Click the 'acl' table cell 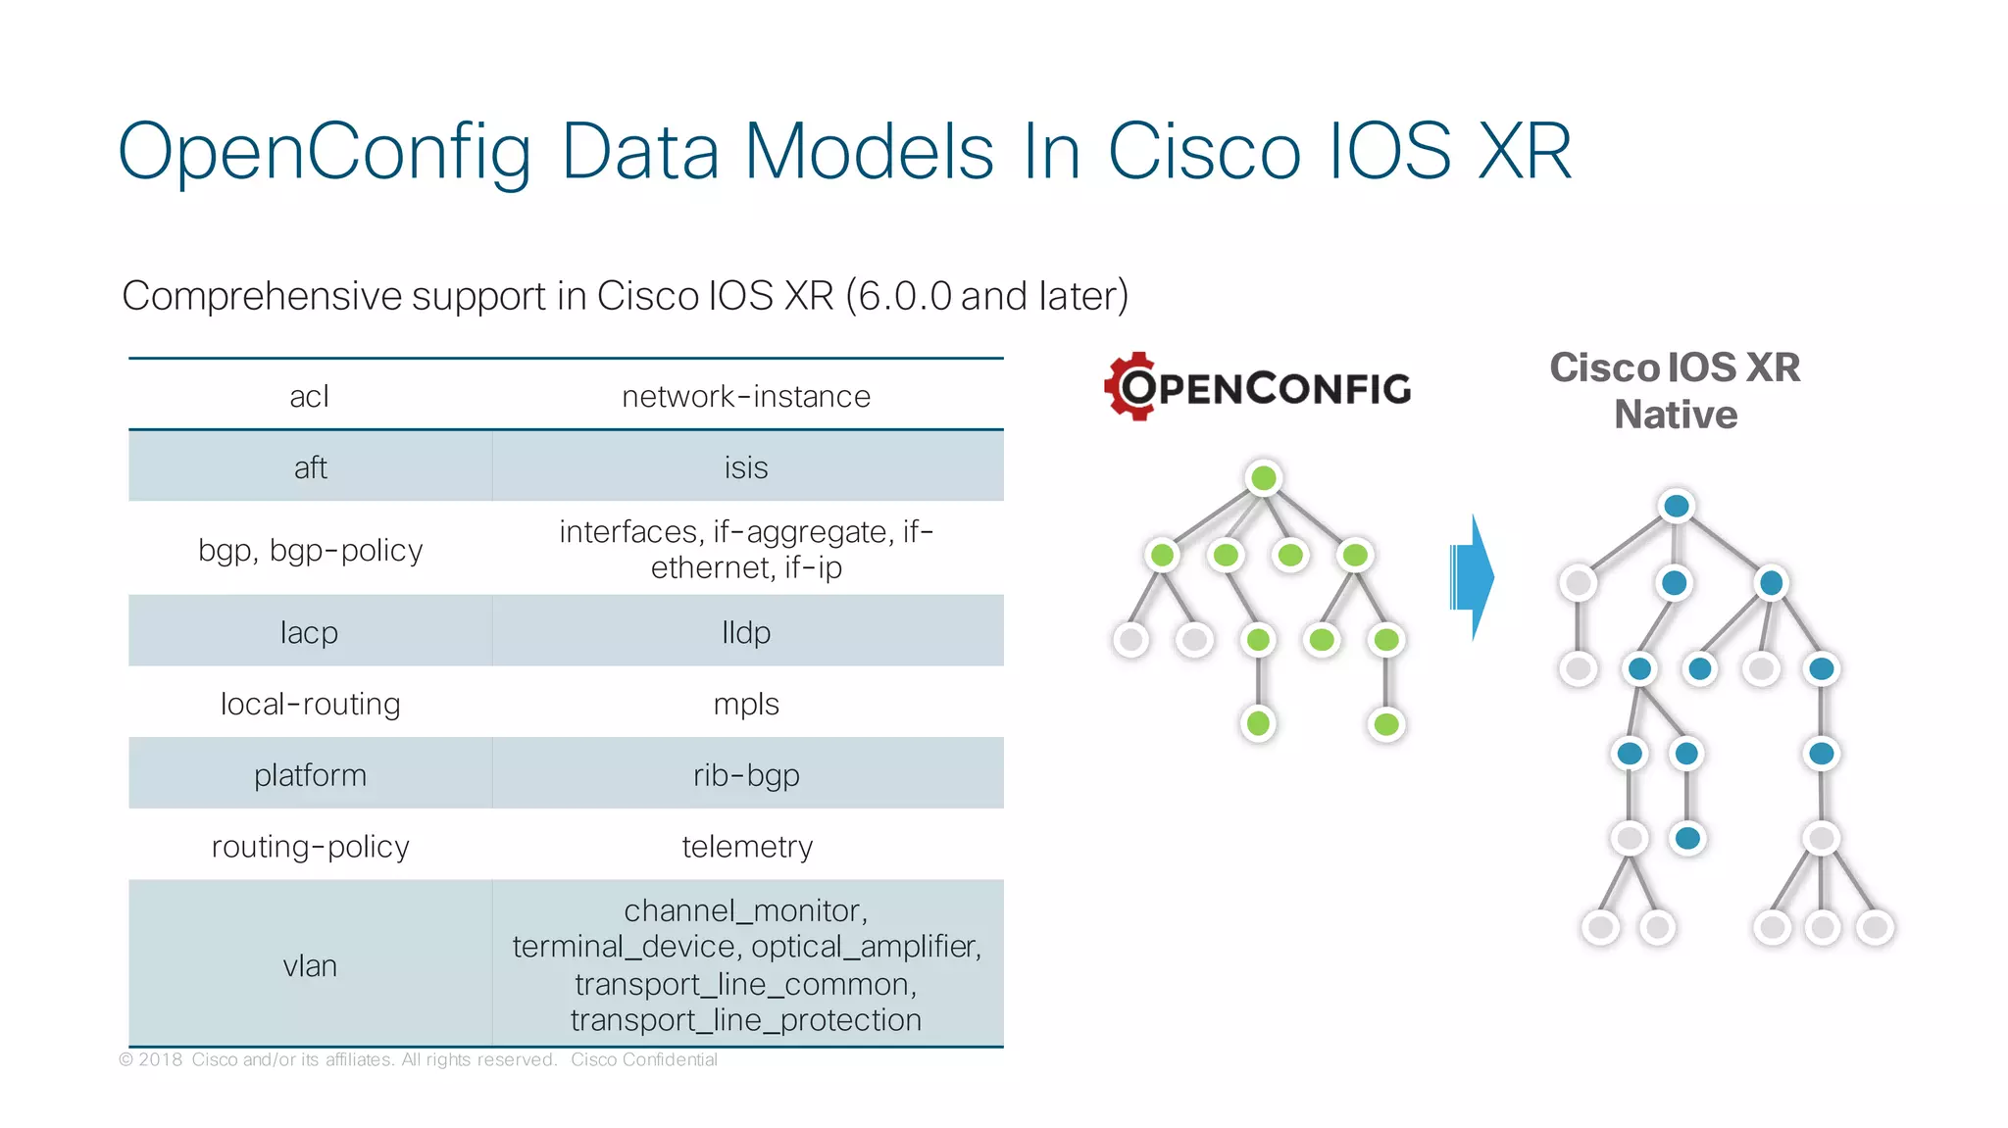310,396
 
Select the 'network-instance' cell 746,396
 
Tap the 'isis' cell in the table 746,467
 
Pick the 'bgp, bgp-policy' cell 310,550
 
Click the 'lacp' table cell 310,632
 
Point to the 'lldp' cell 746,632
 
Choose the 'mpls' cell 746,704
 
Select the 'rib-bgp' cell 746,775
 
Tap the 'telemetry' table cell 746,846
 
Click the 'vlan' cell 310,965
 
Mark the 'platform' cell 310,775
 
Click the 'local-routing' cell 310,704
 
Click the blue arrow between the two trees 1471,577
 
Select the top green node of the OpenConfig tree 1264,478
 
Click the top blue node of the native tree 1677,506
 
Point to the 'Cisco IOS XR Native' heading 1675,390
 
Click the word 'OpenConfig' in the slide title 325,152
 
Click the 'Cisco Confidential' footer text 643,1059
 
